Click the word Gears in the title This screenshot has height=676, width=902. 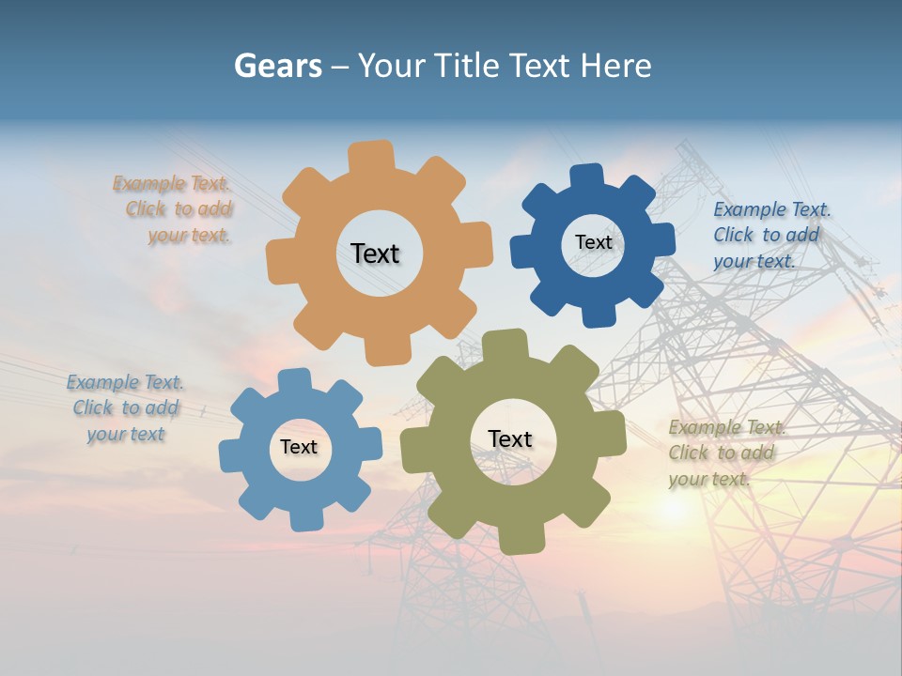[277, 66]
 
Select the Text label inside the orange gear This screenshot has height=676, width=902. [375, 253]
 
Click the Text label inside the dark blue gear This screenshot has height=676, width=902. [593, 242]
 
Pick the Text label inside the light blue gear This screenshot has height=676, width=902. [299, 448]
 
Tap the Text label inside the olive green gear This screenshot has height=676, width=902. [510, 439]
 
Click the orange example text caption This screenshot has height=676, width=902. [175, 209]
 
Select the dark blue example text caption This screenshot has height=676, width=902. [770, 235]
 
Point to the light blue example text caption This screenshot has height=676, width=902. [125, 407]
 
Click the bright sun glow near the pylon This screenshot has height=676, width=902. [673, 508]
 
